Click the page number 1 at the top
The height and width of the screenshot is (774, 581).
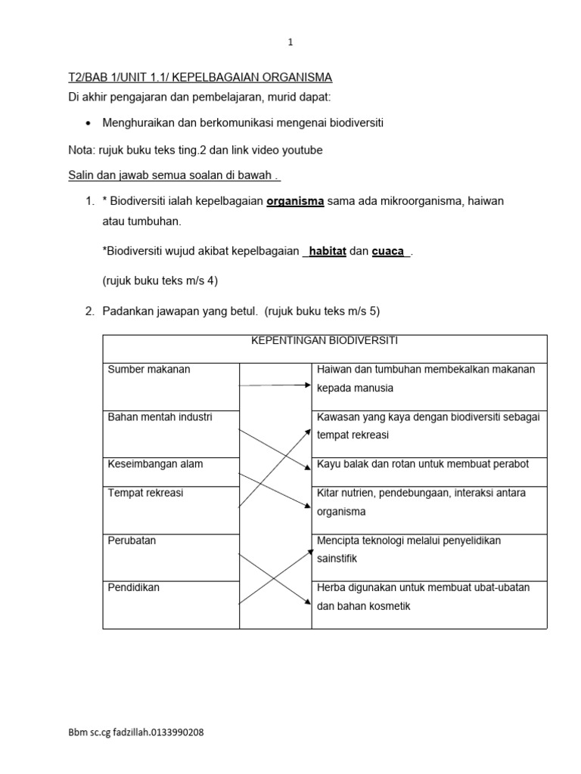(290, 43)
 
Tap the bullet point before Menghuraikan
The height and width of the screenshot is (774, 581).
(89, 123)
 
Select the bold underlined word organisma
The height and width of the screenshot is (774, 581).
(295, 202)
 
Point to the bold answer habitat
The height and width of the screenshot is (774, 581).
(328, 252)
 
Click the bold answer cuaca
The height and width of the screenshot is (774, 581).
(388, 252)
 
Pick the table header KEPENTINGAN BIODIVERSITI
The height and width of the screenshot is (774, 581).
(325, 341)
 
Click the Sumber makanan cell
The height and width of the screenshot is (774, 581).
(149, 370)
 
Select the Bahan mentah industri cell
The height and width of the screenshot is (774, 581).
(160, 417)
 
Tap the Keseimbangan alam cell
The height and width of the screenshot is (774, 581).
(155, 464)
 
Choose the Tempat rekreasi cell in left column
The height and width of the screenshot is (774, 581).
(145, 493)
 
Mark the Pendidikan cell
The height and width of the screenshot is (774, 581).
(133, 587)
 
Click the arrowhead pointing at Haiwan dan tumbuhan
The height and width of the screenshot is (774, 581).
(307, 385)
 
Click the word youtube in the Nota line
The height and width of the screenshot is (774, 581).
(303, 150)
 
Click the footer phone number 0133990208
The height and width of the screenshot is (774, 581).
(176, 732)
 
